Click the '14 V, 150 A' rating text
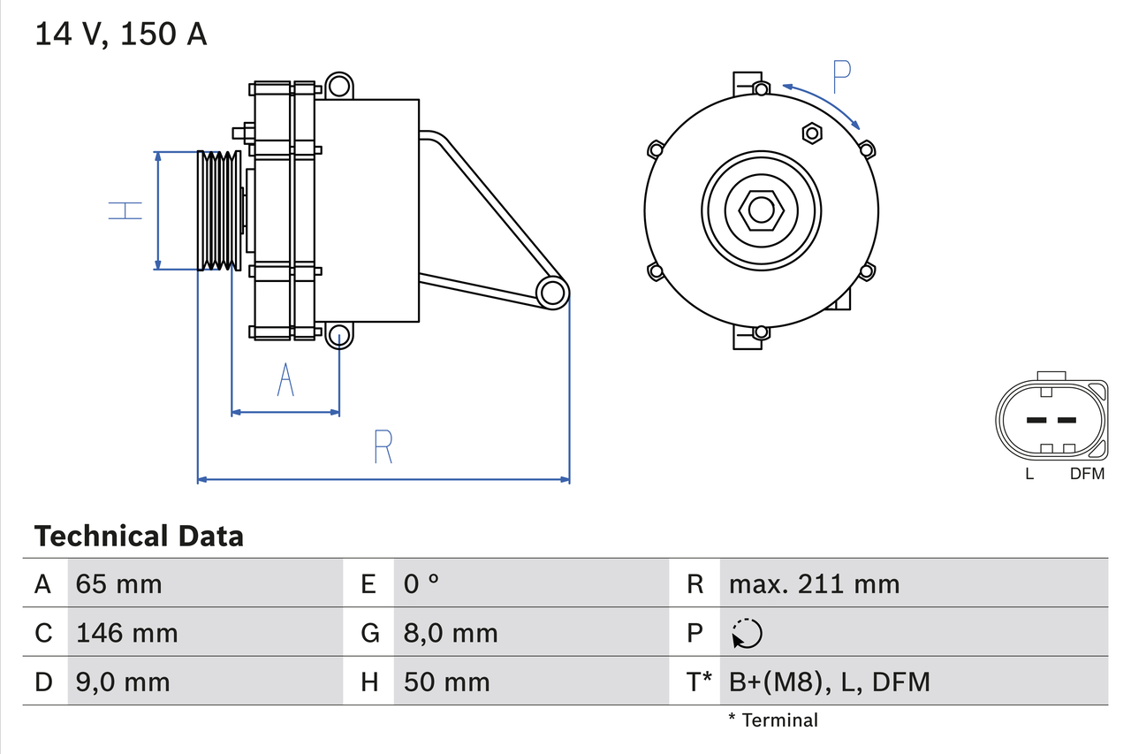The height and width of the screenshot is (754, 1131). point(121,34)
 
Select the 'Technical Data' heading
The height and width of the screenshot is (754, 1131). point(139,536)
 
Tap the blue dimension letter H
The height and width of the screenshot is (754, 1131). point(125,210)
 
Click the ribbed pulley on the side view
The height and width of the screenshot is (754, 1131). point(217,210)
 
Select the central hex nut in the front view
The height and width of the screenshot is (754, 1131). point(761,210)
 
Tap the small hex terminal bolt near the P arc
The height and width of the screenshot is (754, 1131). point(812,133)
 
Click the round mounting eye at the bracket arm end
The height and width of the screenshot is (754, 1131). point(553,293)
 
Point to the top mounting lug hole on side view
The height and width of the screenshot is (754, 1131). point(338,86)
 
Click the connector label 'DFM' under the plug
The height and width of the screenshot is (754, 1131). point(1087,474)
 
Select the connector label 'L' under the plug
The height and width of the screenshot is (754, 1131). point(1029,474)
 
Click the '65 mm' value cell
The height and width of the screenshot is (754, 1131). point(119,583)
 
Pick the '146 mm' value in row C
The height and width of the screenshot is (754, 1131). point(127,633)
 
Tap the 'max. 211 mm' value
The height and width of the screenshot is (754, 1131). point(814,583)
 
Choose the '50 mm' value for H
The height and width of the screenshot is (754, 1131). point(446,682)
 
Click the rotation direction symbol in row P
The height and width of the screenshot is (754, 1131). point(747,633)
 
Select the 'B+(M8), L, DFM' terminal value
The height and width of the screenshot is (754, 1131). point(829,682)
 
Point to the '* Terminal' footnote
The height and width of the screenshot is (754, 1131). point(773,720)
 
